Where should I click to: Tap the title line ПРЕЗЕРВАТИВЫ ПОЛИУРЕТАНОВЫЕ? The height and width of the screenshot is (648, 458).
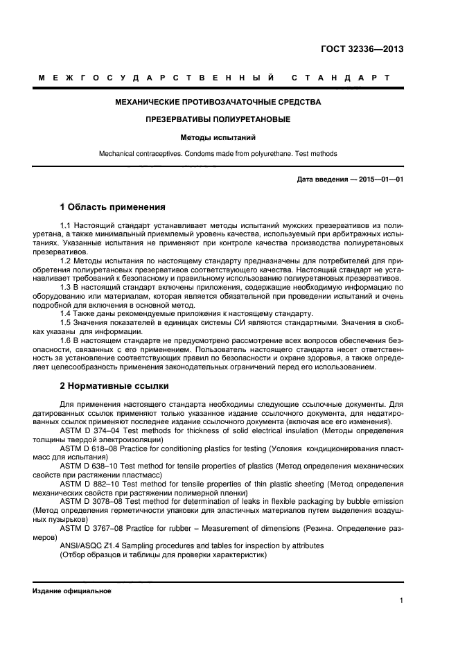pyautogui.click(x=218, y=120)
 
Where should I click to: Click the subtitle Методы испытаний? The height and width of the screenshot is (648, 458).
pyautogui.click(x=218, y=137)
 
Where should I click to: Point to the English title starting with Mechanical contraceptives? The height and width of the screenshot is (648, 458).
pyautogui.click(x=218, y=153)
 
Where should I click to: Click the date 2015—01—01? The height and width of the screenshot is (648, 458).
pyautogui.click(x=380, y=180)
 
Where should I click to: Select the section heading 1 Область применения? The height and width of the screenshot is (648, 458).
pyautogui.click(x=112, y=207)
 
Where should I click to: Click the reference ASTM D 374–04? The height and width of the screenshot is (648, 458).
pyautogui.click(x=89, y=431)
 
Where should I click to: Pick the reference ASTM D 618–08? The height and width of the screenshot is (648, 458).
pyautogui.click(x=89, y=448)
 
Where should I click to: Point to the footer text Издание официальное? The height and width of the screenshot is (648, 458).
pyautogui.click(x=71, y=590)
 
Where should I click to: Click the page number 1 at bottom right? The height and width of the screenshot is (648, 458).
pyautogui.click(x=401, y=602)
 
